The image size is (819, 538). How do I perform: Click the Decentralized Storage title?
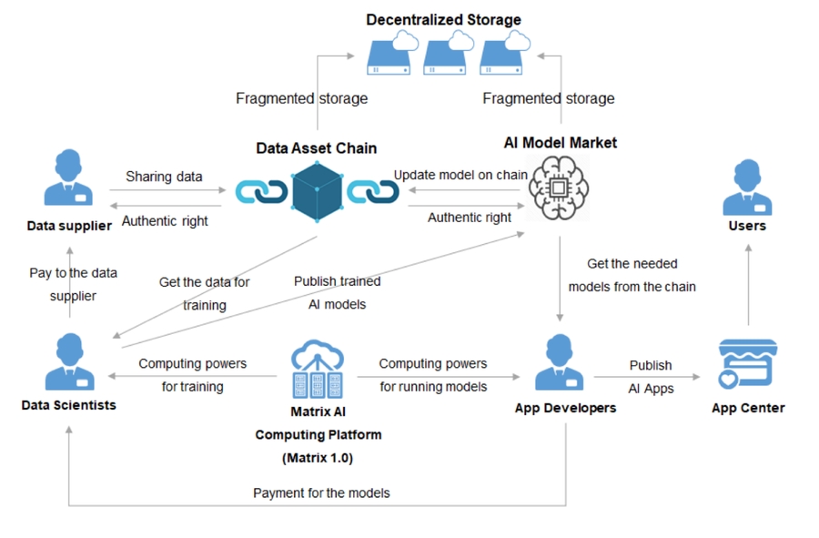[x=443, y=19]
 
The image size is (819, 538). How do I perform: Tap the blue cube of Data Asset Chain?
[x=317, y=192]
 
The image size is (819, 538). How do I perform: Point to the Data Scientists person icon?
[x=68, y=362]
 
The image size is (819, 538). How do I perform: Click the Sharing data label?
[x=164, y=177]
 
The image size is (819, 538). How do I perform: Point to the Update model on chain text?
[x=460, y=174]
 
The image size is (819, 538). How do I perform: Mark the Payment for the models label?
[x=321, y=492]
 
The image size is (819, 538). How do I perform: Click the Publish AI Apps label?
[x=651, y=376]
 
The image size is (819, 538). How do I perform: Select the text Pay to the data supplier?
[x=72, y=284]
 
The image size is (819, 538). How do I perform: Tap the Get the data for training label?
[x=204, y=293]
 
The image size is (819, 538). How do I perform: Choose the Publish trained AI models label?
[x=337, y=292]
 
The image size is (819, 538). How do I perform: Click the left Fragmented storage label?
[x=301, y=98]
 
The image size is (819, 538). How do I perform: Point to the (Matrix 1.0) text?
[x=318, y=457]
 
